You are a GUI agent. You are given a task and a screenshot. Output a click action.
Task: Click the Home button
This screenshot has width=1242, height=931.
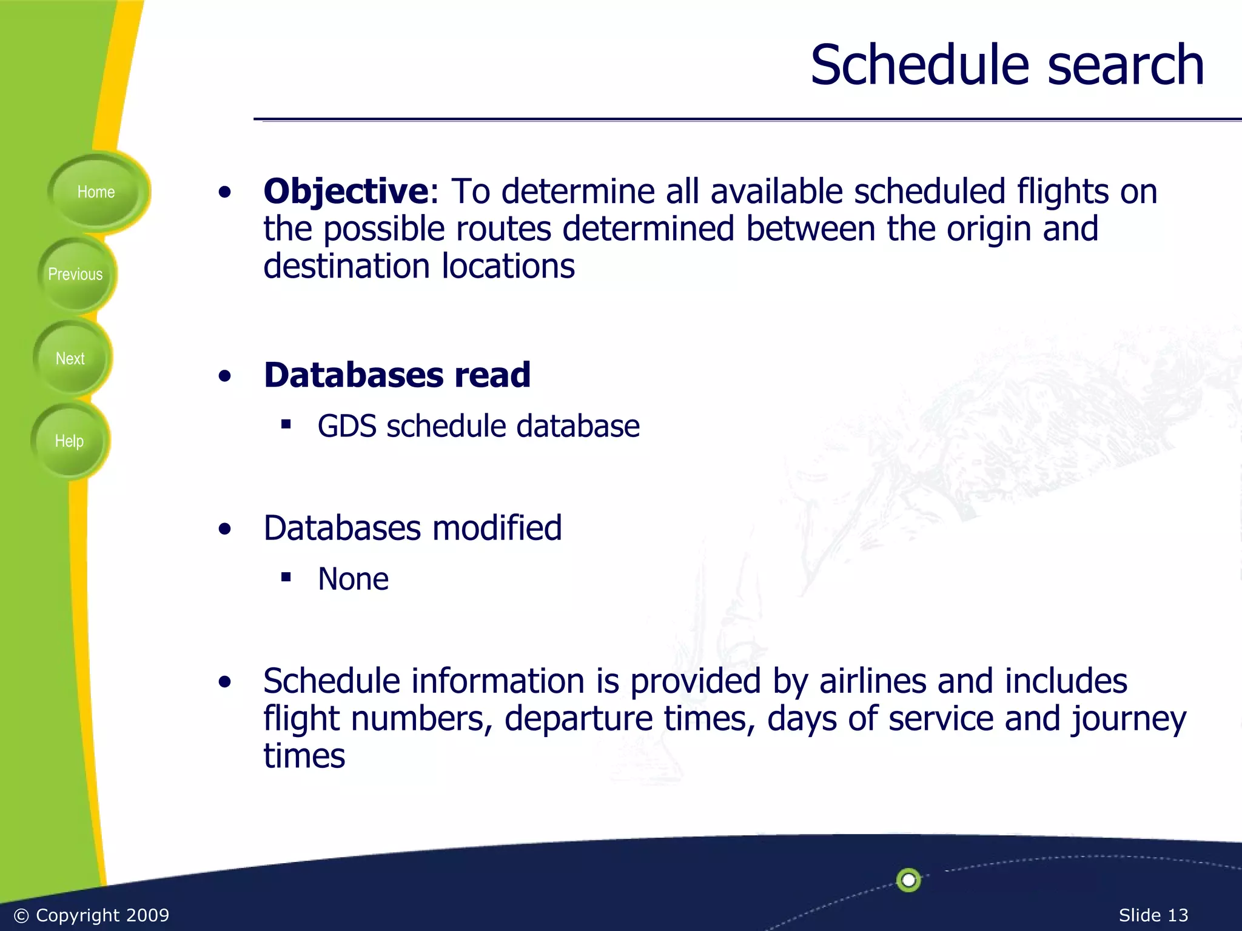[x=96, y=192]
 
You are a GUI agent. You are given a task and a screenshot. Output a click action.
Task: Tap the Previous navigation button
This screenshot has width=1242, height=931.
[x=75, y=275]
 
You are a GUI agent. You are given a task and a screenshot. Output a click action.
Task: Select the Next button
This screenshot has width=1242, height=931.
[x=70, y=359]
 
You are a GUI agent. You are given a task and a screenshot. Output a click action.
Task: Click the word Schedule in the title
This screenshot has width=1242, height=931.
[x=919, y=65]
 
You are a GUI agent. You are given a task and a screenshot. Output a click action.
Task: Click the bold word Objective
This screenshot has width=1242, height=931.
[x=346, y=192]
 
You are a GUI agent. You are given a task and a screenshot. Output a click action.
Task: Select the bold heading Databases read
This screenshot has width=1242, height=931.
[x=397, y=375]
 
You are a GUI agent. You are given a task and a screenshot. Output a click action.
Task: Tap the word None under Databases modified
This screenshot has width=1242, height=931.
[x=353, y=579]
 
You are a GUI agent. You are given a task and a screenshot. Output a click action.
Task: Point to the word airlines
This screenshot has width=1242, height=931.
[x=873, y=681]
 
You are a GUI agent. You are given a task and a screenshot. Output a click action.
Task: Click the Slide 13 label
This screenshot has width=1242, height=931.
[x=1153, y=915]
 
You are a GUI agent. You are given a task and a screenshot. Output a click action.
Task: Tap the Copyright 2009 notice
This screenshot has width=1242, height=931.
[x=92, y=915]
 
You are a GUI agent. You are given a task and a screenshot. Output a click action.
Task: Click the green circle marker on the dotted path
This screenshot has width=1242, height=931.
[x=908, y=879]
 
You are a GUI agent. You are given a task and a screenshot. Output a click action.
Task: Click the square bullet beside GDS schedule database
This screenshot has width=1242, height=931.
[x=286, y=424]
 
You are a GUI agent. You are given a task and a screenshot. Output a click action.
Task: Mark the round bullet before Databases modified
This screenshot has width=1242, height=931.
[x=225, y=529]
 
